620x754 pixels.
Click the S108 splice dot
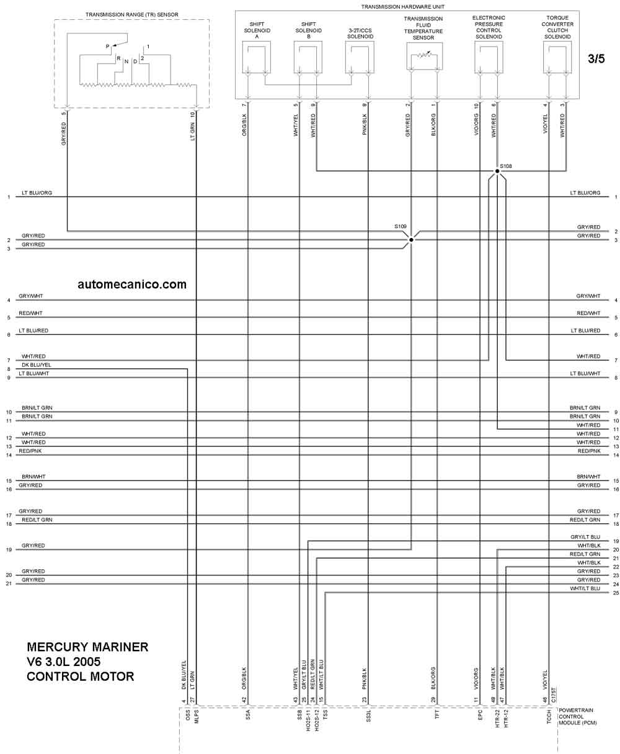coord(497,171)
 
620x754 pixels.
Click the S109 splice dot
coord(411,240)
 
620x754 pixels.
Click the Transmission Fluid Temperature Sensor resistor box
coord(424,56)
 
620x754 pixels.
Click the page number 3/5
coord(596,59)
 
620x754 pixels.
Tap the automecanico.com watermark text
coord(132,284)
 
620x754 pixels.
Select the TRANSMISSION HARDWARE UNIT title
coord(407,6)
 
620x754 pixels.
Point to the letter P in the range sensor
coord(107,47)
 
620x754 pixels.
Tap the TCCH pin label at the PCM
coord(549,719)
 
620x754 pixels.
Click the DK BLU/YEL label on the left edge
coord(37,365)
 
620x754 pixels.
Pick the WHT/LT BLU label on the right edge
coord(585,588)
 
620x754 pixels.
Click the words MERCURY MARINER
coord(87,647)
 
